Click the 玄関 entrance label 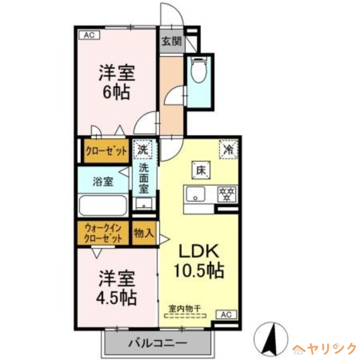[x=171, y=42]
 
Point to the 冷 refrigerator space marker [x=229, y=148]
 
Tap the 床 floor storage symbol [x=201, y=170]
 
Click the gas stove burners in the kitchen [x=227, y=194]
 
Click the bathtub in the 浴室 [x=103, y=206]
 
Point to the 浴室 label [x=103, y=182]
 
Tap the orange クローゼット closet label [x=106, y=151]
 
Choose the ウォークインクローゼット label [x=103, y=233]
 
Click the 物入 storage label [x=144, y=233]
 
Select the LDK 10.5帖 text [x=199, y=261]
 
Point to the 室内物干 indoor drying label [x=184, y=308]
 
